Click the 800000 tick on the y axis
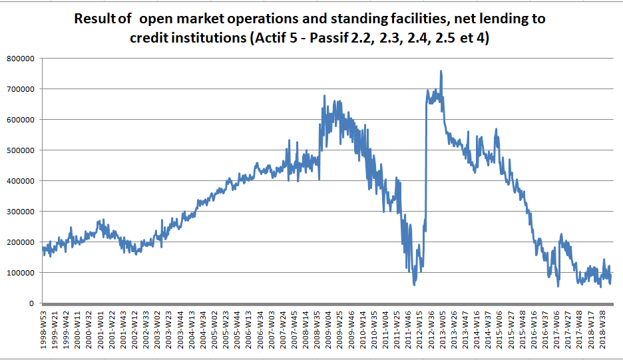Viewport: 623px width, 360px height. (x=21, y=59)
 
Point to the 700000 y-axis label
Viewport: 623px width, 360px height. (x=21, y=89)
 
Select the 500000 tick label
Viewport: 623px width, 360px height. (x=21, y=150)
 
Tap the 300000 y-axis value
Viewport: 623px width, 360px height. (x=21, y=212)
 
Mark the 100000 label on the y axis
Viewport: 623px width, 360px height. (x=21, y=273)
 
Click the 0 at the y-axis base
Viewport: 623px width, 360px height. (x=31, y=303)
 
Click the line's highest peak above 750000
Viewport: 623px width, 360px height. (x=441, y=71)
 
